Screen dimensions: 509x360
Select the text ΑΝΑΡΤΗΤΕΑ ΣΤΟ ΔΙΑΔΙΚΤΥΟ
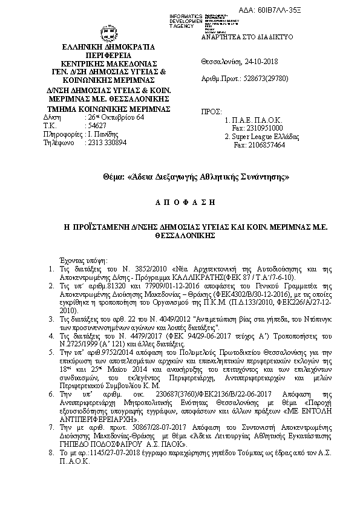247,36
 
